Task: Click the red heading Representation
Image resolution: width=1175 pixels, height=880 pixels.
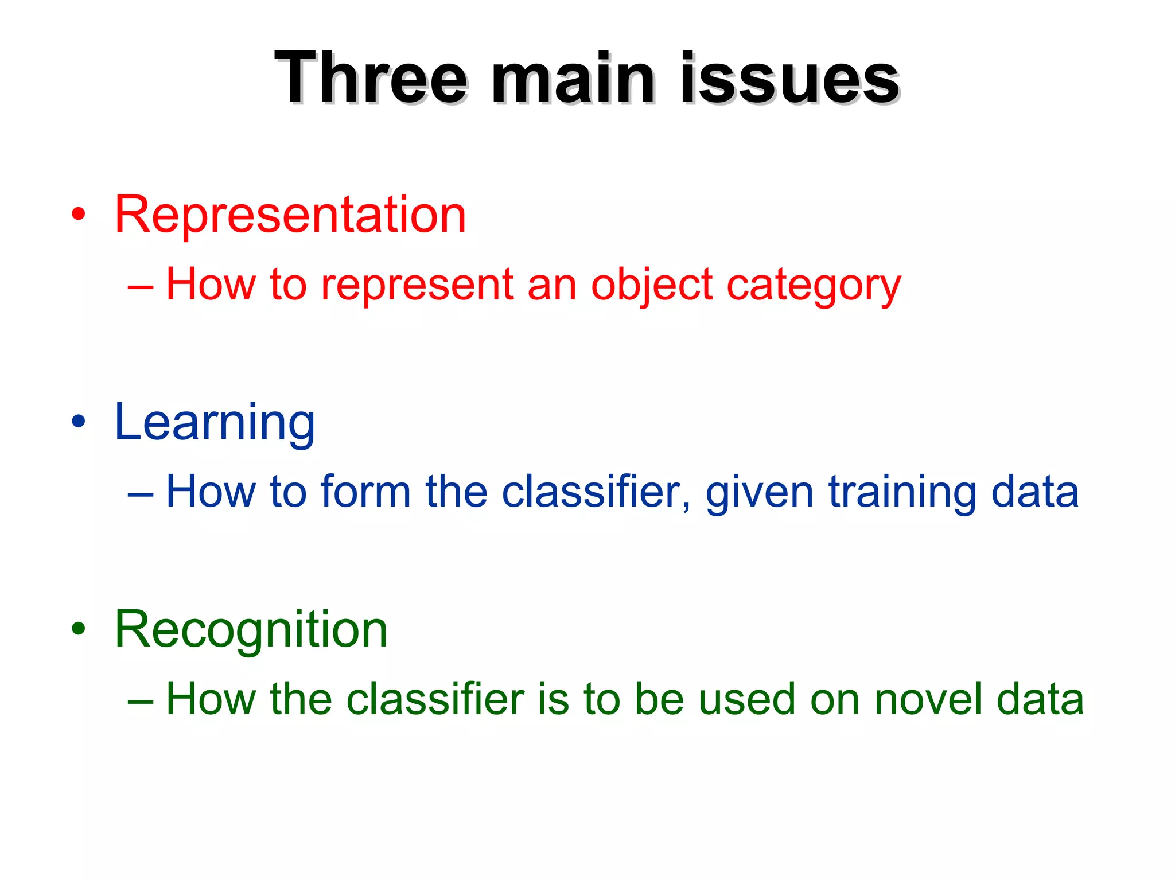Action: pyautogui.click(x=290, y=215)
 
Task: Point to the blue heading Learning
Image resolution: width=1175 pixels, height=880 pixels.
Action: pyautogui.click(x=215, y=423)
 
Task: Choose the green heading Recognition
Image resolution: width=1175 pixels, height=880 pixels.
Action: pyautogui.click(x=251, y=630)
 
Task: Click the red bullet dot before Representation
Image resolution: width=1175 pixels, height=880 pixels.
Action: pyautogui.click(x=79, y=215)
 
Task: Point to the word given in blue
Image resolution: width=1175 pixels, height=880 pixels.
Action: pyautogui.click(x=759, y=492)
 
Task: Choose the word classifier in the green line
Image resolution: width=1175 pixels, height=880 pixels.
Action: pyautogui.click(x=435, y=699)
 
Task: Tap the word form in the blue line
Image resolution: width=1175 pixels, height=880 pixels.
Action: pyautogui.click(x=365, y=492)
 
